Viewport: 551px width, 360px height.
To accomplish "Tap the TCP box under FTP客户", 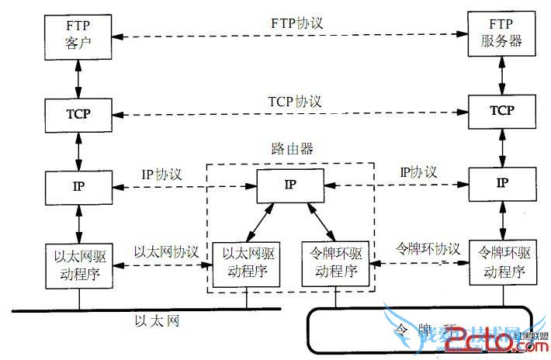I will click(x=79, y=113).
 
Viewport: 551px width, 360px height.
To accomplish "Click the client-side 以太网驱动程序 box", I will click(x=79, y=264).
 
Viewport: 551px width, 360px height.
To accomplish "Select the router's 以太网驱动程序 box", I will click(x=247, y=264).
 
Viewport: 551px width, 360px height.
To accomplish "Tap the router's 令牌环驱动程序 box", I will click(x=334, y=264).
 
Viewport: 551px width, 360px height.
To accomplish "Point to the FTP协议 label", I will click(x=296, y=24).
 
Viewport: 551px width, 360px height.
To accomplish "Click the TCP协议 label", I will click(x=295, y=102).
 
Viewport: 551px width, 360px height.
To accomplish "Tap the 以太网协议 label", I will click(x=166, y=252).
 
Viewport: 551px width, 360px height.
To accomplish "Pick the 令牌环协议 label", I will click(x=428, y=250).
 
